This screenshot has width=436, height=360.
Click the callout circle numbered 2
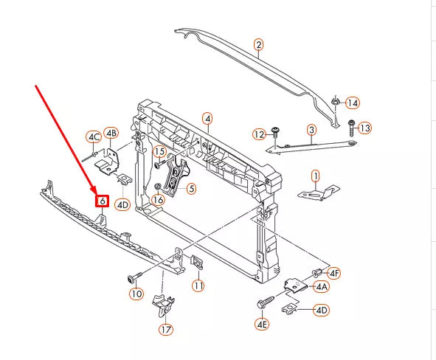click(x=258, y=45)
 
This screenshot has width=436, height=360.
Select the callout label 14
click(x=353, y=103)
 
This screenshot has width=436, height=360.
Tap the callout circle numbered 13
click(x=365, y=128)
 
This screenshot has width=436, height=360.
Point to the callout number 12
click(x=258, y=134)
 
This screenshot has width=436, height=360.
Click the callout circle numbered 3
click(x=311, y=130)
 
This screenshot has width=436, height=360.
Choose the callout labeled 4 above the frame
click(x=207, y=118)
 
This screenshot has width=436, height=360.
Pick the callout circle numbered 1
click(x=315, y=176)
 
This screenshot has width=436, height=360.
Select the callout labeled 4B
click(x=111, y=133)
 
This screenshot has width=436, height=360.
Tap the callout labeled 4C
click(x=93, y=136)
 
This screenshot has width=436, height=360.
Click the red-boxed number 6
click(x=102, y=201)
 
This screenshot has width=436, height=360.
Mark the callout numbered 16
click(x=158, y=199)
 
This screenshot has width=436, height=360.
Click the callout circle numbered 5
click(x=190, y=189)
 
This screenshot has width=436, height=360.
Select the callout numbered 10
click(x=136, y=294)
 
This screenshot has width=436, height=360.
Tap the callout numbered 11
click(x=198, y=285)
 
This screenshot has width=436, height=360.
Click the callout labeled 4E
click(x=262, y=324)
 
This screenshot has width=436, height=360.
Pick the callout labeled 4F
click(x=334, y=273)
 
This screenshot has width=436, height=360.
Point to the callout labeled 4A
click(x=322, y=286)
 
